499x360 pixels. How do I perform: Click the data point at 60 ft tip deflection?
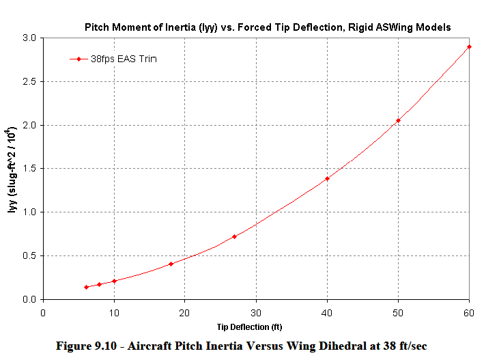coord(469,46)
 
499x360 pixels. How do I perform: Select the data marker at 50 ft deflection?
coord(398,121)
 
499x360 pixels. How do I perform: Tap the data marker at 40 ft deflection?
coord(327,178)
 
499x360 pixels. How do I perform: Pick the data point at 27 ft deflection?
coord(235,236)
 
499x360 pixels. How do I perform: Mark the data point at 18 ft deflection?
coord(171,264)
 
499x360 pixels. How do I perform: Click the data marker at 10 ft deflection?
coord(114,281)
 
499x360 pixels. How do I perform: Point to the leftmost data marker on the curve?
coord(86,287)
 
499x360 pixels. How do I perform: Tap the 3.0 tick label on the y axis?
coord(29,38)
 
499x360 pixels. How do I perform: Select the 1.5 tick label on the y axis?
coord(29,169)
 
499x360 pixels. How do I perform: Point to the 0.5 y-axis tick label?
coord(29,255)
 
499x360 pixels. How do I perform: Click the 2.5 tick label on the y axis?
coord(29,81)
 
